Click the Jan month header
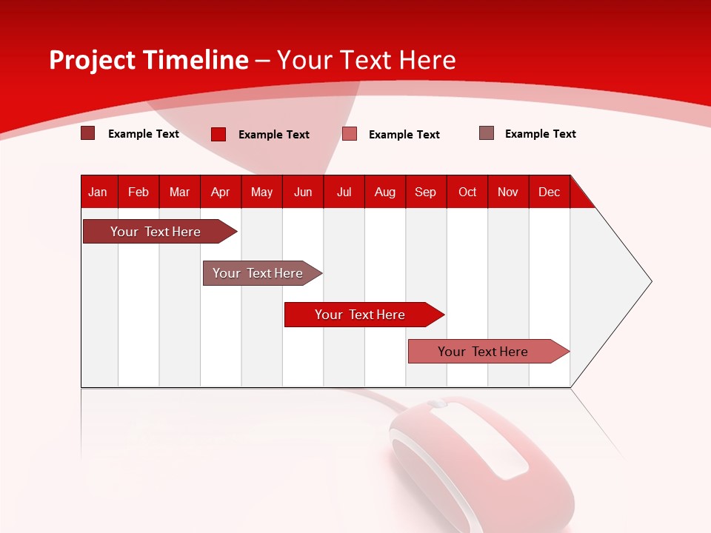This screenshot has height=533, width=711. pos(99,192)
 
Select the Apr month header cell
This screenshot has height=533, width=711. pos(221,192)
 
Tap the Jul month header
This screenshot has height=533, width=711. pos(344,192)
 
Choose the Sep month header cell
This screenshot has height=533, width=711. pos(426,192)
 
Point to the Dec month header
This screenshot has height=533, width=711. pos(550,192)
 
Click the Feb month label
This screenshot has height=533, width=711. pos(138,192)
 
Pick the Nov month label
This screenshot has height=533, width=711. pos(508,192)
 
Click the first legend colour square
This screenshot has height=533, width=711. pos(88,133)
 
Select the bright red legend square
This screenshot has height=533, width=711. pos(218,134)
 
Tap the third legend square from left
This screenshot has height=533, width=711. pos(350,134)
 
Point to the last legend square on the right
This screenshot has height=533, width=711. pos(487,133)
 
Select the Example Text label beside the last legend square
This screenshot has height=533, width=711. pos(540,134)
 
